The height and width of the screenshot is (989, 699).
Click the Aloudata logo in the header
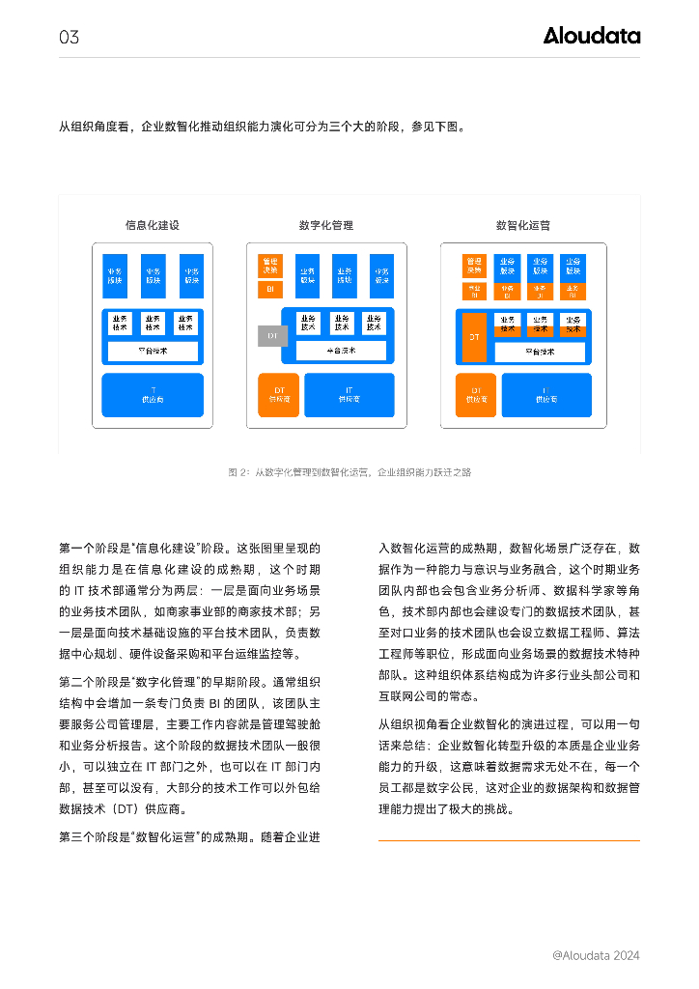coord(591,36)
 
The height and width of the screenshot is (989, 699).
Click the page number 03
coord(69,38)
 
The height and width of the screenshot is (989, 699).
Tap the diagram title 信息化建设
coord(153,225)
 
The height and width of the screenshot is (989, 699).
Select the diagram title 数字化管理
coord(326,225)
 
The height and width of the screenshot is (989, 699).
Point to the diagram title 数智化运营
coord(523,225)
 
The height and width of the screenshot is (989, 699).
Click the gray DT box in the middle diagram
coord(272,335)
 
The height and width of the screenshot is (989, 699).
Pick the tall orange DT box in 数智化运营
coord(474,337)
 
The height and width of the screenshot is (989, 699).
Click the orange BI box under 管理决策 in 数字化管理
coord(269,289)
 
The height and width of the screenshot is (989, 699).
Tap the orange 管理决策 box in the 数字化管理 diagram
coord(269,265)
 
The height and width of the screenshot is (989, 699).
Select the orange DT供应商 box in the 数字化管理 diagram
coord(278,394)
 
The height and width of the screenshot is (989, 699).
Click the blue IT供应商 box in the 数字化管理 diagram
coord(349,394)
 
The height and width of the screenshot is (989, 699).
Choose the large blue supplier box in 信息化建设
coord(153,394)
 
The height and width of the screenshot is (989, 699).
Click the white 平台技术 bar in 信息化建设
coord(153,351)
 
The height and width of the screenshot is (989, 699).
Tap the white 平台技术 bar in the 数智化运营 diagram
coord(540,352)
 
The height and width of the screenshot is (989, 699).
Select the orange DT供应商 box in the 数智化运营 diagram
coord(475,394)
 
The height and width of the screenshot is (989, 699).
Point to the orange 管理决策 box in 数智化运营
coord(474,265)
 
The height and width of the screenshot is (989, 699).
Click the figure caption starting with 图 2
coord(349,472)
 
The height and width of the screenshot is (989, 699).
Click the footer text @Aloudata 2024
coord(596,955)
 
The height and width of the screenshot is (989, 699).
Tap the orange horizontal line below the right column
coord(509,840)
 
